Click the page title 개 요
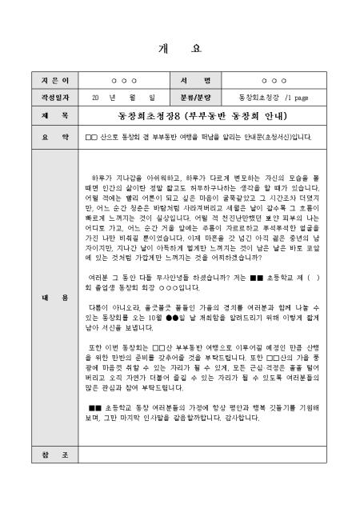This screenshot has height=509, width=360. [181, 48]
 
